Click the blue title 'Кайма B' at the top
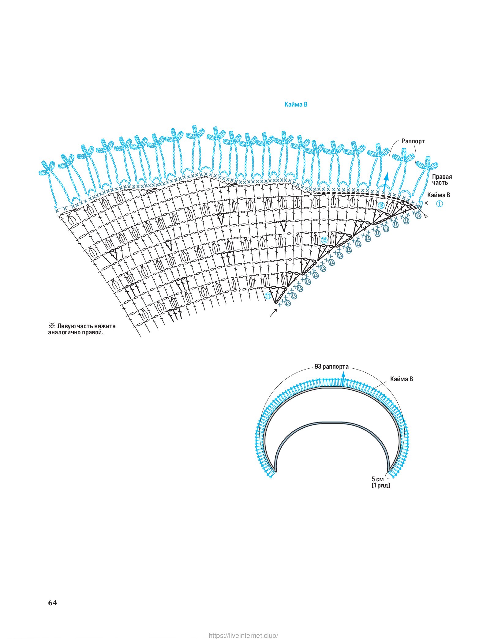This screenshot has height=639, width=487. [x=296, y=104]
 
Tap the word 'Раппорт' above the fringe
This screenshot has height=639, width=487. [x=413, y=141]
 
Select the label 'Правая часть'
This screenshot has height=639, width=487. [x=442, y=180]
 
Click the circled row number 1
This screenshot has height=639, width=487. [x=439, y=203]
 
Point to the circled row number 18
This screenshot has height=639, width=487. [x=381, y=205]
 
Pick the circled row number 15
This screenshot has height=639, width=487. [x=324, y=240]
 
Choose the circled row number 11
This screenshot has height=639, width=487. [x=268, y=296]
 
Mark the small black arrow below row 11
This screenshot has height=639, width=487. [x=273, y=313]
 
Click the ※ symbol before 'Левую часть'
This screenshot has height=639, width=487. [x=52, y=326]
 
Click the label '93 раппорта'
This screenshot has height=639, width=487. [x=331, y=366]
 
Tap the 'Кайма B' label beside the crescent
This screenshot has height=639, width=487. [x=401, y=379]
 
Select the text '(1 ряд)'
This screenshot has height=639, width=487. [x=381, y=486]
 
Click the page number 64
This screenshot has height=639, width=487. [x=52, y=603]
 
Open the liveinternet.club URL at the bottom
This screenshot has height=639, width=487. [x=243, y=633]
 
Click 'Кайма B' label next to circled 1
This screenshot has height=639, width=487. [x=438, y=195]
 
